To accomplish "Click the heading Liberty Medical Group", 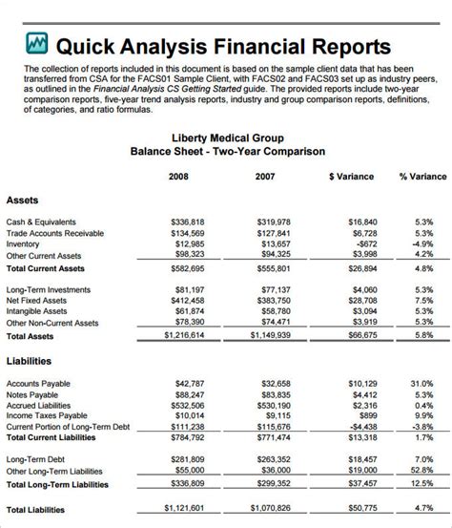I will [x=227, y=137].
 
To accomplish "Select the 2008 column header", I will [x=178, y=177].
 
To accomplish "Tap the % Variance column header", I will [x=422, y=177].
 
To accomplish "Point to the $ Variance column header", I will [x=351, y=177].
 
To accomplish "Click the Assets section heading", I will [x=23, y=201].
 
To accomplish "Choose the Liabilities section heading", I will [x=30, y=361].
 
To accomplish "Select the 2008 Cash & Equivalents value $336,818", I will [x=188, y=222].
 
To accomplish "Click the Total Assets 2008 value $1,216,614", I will [x=184, y=335].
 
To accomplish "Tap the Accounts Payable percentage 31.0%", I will [x=421, y=384].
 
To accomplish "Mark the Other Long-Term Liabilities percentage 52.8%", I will [x=421, y=471].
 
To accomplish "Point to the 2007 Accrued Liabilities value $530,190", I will [x=274, y=406].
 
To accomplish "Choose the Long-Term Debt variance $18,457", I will [x=359, y=459].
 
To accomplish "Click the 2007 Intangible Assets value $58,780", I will [x=276, y=311].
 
